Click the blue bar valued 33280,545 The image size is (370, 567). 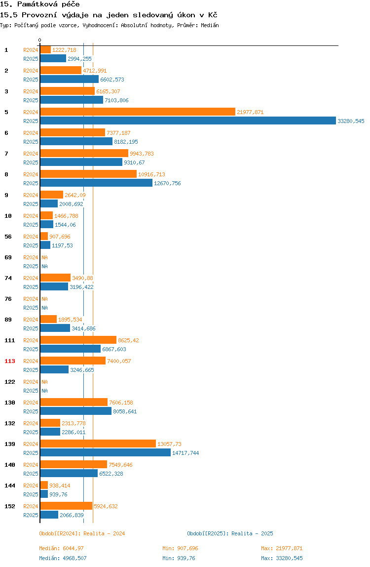188,121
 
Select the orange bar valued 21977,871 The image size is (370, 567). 138,112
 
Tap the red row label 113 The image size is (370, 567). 10,361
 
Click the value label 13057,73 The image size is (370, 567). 170,444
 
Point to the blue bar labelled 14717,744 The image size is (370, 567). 105,453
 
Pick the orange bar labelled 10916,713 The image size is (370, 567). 88,174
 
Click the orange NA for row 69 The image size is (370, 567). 44,257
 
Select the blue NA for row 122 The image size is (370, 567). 44,391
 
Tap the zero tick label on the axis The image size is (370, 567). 40,40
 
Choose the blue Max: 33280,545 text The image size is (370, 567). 282,558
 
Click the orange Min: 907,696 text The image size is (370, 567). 180,548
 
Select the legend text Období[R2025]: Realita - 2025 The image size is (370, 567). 230,533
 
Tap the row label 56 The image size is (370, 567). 8,237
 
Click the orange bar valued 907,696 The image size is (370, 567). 44,237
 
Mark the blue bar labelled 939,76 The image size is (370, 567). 44,494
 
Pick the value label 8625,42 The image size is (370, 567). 128,340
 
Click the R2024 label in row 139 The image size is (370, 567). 31,444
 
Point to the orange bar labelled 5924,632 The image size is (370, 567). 66,506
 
